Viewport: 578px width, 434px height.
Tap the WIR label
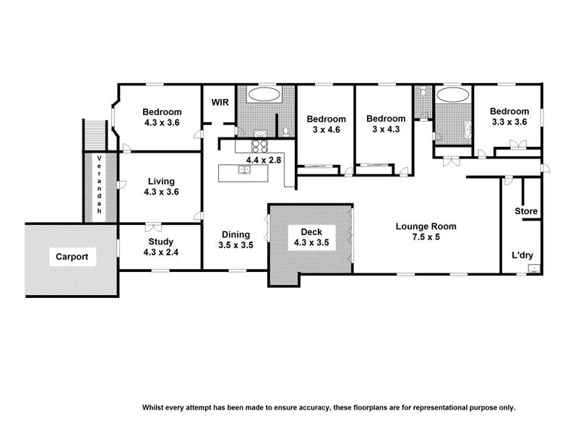[220, 103]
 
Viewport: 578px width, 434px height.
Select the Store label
[526, 211]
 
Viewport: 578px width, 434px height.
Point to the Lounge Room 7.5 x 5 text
[426, 231]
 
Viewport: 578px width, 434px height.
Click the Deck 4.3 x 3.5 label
[311, 237]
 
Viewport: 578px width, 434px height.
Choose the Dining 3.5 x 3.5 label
[236, 239]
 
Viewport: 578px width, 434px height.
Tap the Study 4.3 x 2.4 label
[161, 247]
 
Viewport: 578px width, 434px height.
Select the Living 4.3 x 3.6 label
[161, 187]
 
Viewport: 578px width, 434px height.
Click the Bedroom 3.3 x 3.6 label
[510, 116]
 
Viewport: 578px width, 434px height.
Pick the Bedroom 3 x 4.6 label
[326, 124]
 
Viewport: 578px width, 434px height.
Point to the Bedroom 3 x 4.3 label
[385, 124]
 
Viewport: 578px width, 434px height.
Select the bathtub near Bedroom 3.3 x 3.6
[453, 94]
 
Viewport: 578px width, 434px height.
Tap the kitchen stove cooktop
[259, 145]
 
